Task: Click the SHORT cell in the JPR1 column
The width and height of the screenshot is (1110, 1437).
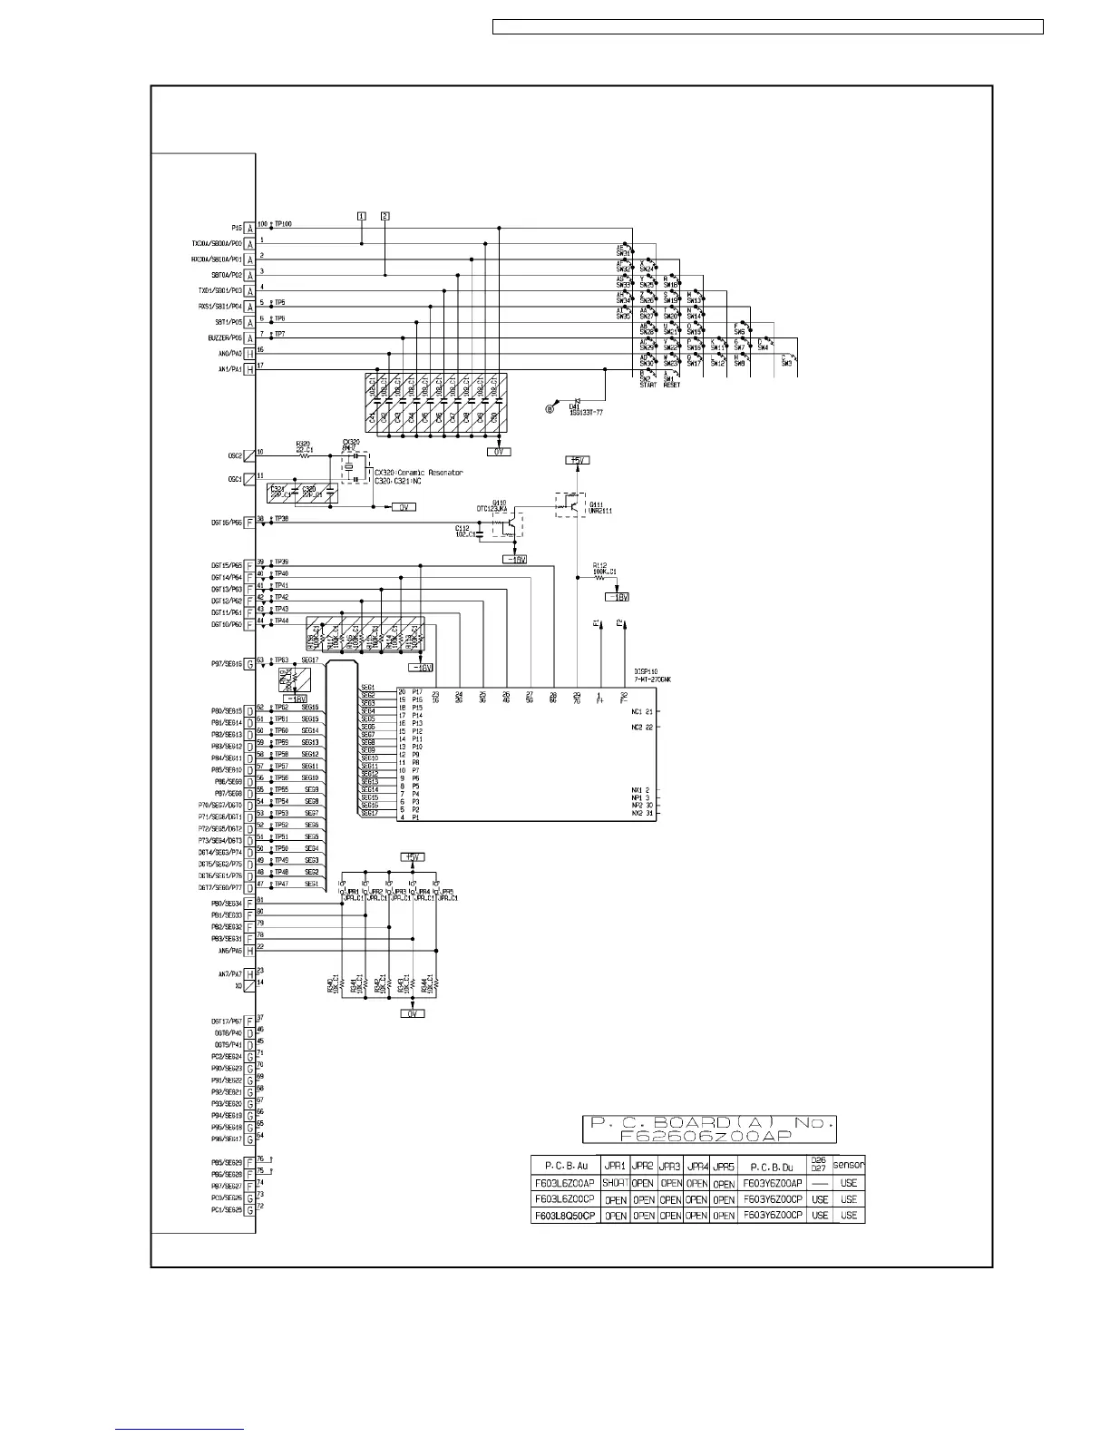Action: pyautogui.click(x=616, y=1183)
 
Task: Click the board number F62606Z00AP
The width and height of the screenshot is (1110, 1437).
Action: pyautogui.click(x=709, y=1136)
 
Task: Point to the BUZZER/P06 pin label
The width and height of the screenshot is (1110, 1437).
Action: pyautogui.click(x=217, y=337)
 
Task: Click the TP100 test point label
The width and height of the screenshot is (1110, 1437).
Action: pyautogui.click(x=283, y=224)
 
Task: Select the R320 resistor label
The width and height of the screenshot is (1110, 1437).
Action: pyautogui.click(x=303, y=444)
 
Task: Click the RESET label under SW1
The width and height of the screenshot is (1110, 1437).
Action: pyautogui.click(x=672, y=385)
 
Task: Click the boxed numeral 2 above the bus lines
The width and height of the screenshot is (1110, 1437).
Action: pyautogui.click(x=385, y=216)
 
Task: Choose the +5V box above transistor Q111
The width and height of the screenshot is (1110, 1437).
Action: pyautogui.click(x=578, y=461)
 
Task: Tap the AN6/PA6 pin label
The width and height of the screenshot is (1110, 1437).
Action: pyautogui.click(x=229, y=951)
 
